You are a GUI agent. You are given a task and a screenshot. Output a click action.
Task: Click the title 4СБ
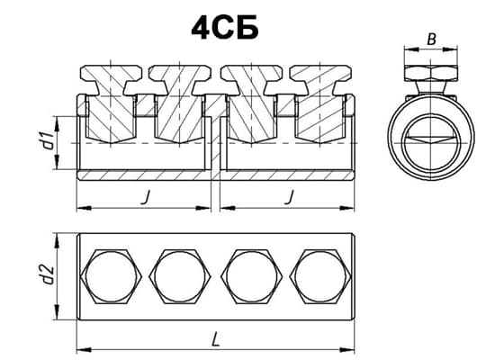[225, 28]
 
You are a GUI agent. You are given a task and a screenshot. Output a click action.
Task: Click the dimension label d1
[49, 140]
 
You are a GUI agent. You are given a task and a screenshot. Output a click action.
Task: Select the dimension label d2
[49, 274]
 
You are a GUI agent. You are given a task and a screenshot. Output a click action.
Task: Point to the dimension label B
[431, 40]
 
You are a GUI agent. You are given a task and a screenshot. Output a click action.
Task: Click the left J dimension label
[145, 197]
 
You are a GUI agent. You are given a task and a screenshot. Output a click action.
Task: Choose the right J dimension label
[289, 197]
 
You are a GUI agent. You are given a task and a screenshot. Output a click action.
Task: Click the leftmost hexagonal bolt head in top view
[111, 276]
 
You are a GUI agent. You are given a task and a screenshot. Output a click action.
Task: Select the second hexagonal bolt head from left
[180, 276]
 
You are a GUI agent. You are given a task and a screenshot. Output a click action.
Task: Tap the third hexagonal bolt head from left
[252, 276]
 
